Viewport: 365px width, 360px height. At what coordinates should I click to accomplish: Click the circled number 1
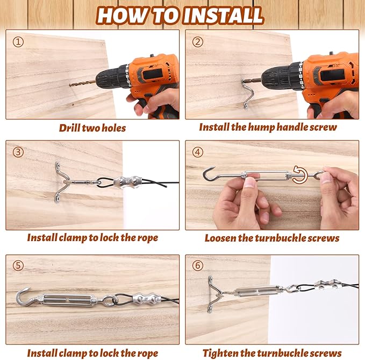pyautogui.click(x=18, y=42)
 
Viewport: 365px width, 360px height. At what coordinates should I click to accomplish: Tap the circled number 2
pyautogui.click(x=198, y=42)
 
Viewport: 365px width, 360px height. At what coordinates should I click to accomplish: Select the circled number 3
pyautogui.click(x=18, y=152)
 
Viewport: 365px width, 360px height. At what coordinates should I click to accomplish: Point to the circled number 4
pyautogui.click(x=198, y=152)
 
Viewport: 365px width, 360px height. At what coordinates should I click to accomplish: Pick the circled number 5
pyautogui.click(x=18, y=265)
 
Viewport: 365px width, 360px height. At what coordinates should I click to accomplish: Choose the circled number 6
pyautogui.click(x=198, y=265)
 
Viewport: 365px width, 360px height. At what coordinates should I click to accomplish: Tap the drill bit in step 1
pyautogui.click(x=82, y=83)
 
